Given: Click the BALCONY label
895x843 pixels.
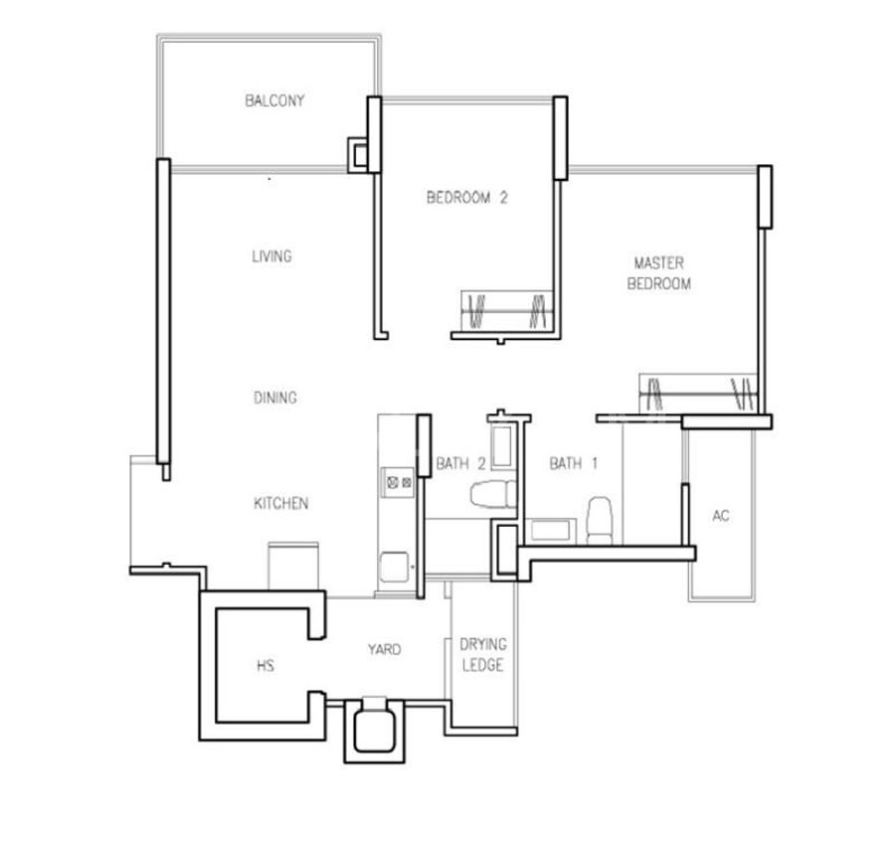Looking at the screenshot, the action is click(x=274, y=101).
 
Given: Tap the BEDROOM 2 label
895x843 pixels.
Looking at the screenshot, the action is click(x=467, y=198).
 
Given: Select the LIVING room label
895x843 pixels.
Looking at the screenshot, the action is click(x=271, y=256).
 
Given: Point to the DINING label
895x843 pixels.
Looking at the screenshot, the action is click(x=275, y=398).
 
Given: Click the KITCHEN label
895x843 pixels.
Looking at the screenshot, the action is click(x=280, y=503).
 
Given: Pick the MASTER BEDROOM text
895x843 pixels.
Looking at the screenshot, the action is click(x=658, y=273).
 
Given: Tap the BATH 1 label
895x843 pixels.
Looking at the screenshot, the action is click(x=573, y=463).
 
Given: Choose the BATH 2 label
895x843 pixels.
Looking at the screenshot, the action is click(x=460, y=463).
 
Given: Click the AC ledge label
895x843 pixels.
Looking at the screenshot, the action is click(x=721, y=516).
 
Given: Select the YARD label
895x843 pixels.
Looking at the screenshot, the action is click(x=384, y=649).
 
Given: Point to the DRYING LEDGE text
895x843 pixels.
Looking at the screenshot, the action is click(x=483, y=655).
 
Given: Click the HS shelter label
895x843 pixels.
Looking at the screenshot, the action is click(x=266, y=665).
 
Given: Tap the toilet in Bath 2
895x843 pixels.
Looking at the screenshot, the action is click(x=493, y=494).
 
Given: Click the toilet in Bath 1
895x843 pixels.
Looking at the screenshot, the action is click(x=600, y=521).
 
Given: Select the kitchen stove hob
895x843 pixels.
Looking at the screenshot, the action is click(x=399, y=482).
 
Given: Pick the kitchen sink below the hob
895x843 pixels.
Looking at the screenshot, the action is click(x=395, y=567).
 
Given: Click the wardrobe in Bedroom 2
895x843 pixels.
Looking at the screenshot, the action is click(x=507, y=311).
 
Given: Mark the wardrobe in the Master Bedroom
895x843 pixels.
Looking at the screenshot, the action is click(x=697, y=393).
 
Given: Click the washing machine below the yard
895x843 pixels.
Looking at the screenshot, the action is click(x=375, y=731).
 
